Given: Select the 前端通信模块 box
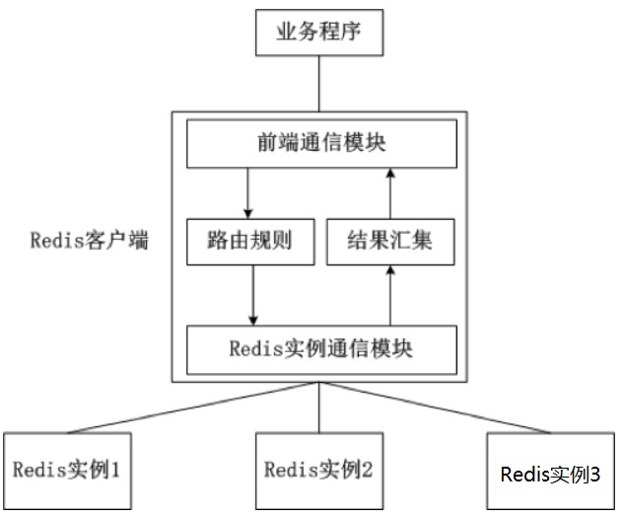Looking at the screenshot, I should click(x=321, y=144).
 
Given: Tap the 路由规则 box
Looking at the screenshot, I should click(x=250, y=240).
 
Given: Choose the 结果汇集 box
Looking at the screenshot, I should click(x=391, y=240).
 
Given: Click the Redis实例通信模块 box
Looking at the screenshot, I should click(x=321, y=349).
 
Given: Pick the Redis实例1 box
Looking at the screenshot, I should click(x=66, y=470).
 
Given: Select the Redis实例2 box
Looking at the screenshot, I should click(x=318, y=470).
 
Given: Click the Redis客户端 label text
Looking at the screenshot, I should click(x=90, y=240).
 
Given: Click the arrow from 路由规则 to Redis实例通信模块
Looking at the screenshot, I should click(x=254, y=295).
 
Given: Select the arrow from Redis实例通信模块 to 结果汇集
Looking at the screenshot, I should click(x=391, y=295).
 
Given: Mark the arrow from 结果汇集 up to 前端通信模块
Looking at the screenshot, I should click(x=391, y=191).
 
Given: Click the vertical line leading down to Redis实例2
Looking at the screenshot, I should click(x=318, y=408).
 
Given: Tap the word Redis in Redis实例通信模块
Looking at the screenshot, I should click(x=253, y=349).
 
